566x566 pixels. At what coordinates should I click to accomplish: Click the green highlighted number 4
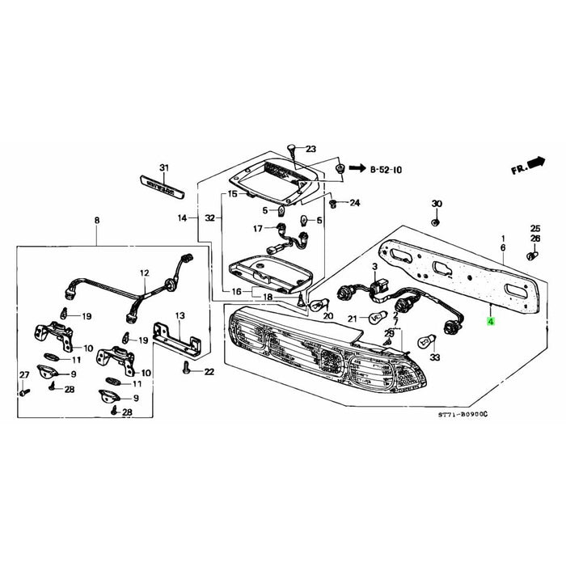point(488,321)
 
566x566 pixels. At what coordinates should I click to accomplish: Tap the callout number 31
point(164,168)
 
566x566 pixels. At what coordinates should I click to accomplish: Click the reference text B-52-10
point(386,171)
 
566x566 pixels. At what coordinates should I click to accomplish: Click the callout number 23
point(310,149)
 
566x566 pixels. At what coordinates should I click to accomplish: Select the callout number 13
point(180,315)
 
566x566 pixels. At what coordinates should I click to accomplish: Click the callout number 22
point(209,372)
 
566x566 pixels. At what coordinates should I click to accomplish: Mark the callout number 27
point(23,374)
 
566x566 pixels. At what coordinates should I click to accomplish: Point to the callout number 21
point(351,318)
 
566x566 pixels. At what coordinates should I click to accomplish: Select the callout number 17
point(258,229)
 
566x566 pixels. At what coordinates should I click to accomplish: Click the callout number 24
point(353,203)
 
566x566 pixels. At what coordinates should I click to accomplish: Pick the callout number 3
point(374,266)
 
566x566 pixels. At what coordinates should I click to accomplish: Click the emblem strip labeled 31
point(164,188)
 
